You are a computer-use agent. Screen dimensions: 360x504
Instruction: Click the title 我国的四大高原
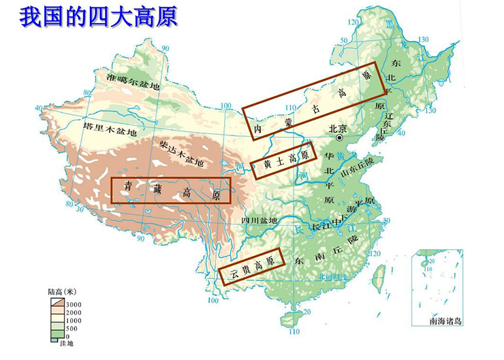click(x=99, y=16)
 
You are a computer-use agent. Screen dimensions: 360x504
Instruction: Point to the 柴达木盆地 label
click(x=180, y=153)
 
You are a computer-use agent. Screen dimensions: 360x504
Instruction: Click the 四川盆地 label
click(x=259, y=220)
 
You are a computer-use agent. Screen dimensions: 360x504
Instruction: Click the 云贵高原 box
click(x=251, y=266)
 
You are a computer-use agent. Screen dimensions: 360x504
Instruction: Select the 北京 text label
click(x=338, y=127)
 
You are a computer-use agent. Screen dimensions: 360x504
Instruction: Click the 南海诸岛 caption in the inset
click(x=445, y=320)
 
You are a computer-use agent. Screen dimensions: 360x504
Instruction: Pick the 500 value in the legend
click(x=72, y=329)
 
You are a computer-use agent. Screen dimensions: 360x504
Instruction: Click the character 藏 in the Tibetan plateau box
click(x=155, y=188)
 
